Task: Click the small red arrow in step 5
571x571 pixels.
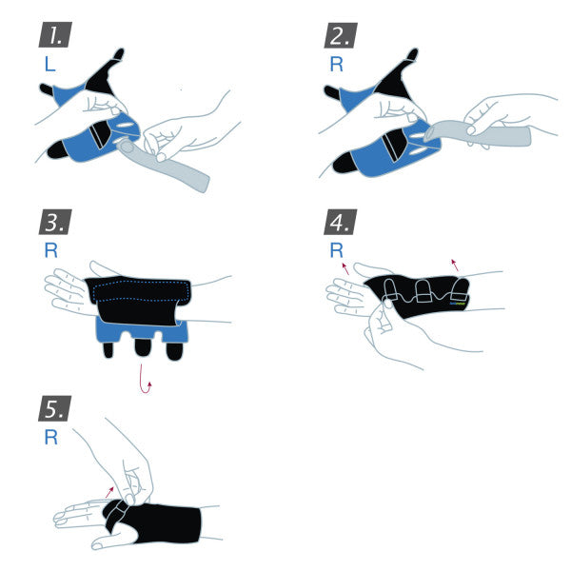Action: point(114,490)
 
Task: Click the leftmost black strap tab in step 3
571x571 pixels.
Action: point(110,348)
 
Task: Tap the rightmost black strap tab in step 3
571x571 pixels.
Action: point(174,349)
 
